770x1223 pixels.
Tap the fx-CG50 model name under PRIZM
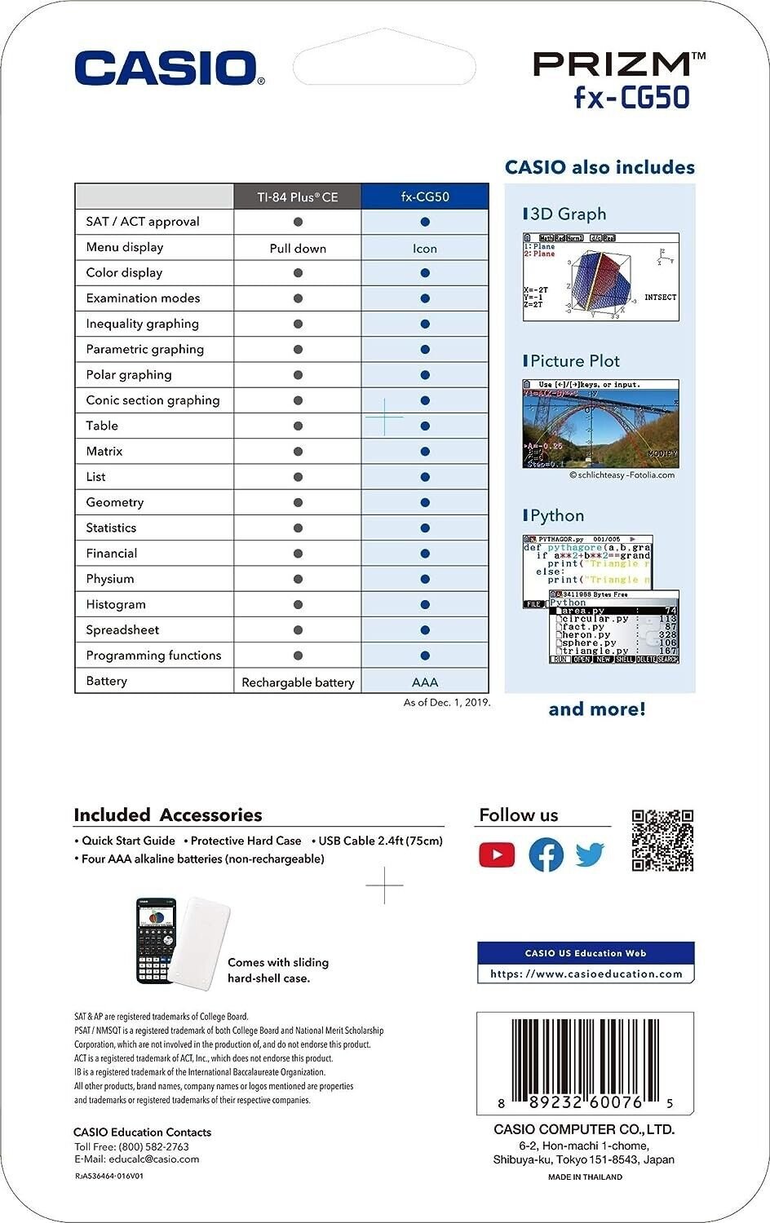click(x=631, y=98)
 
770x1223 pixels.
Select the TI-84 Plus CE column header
click(x=298, y=196)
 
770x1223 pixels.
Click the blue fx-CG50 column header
click(x=425, y=196)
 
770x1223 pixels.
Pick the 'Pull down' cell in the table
click(x=298, y=248)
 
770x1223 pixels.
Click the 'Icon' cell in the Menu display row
click(x=425, y=248)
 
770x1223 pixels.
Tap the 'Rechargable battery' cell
click(x=298, y=682)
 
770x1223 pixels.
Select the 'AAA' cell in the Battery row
click(x=425, y=682)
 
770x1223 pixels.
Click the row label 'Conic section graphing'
click(x=153, y=400)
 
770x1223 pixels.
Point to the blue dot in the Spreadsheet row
click(x=425, y=630)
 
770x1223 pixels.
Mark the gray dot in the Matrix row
click(x=298, y=452)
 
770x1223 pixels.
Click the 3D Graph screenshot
click(x=600, y=277)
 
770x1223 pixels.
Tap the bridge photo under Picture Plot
click(x=600, y=424)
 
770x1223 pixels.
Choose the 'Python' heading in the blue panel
click(x=557, y=515)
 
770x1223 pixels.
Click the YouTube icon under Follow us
click(x=497, y=854)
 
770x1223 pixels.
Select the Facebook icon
click(x=546, y=854)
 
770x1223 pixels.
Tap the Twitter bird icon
click(x=590, y=854)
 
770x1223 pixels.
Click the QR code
click(x=662, y=841)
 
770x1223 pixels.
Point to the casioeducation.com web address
click(x=586, y=974)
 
